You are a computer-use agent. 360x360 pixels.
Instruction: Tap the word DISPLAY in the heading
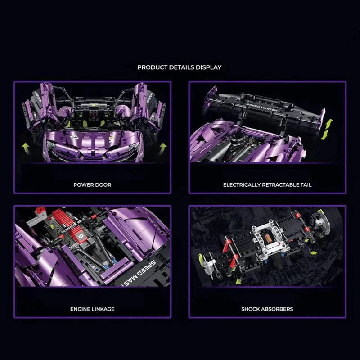(x=209, y=67)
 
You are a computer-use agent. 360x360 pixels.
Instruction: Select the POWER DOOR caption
(x=92, y=185)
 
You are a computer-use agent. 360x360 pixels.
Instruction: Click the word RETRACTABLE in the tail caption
(x=279, y=185)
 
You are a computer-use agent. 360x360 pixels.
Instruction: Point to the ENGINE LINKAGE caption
(x=92, y=309)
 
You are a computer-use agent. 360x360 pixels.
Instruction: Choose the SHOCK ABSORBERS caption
(x=267, y=309)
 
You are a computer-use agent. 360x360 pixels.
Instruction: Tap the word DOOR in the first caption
(x=103, y=185)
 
